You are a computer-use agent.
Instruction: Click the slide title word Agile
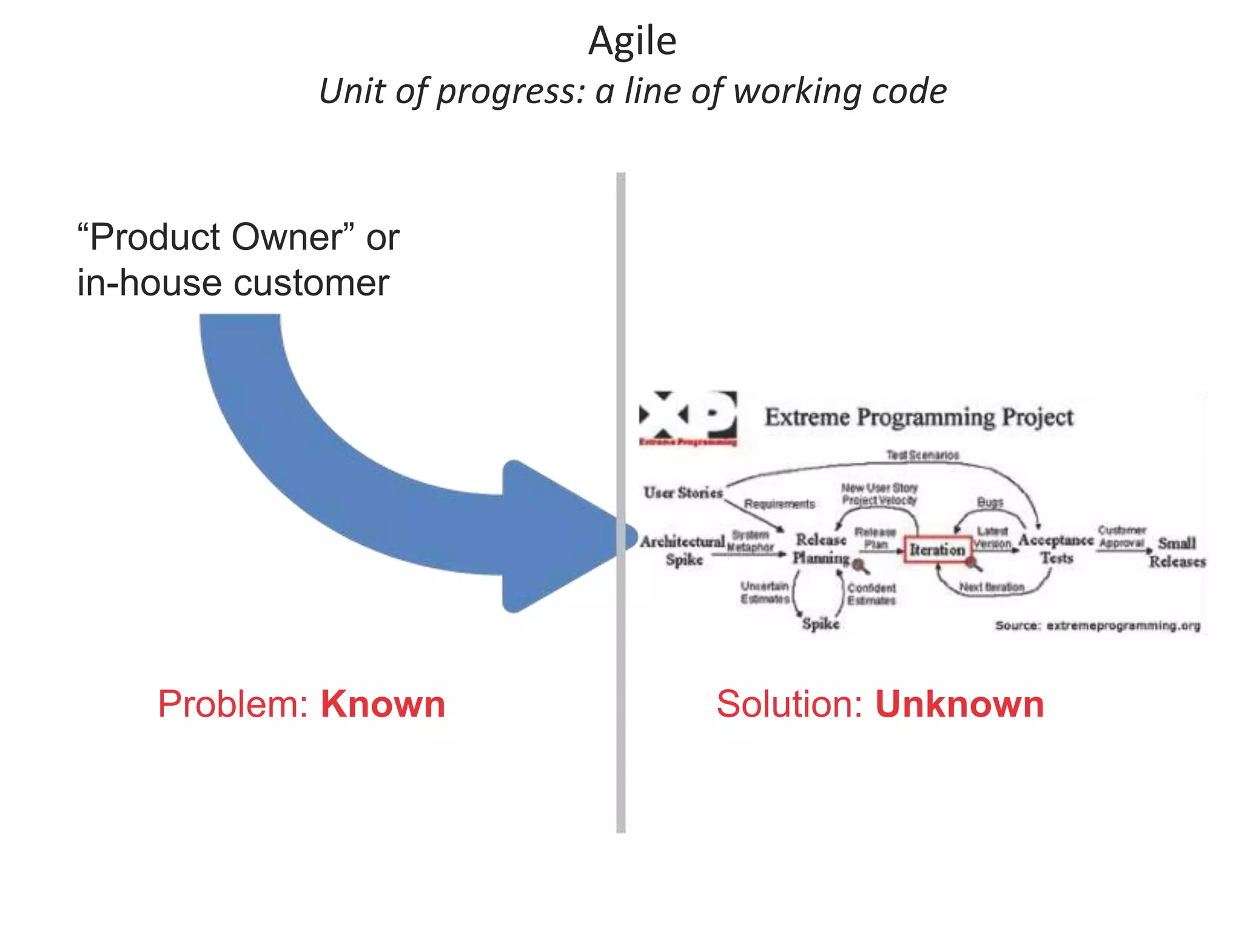(632, 42)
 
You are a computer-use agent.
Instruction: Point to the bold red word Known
(383, 704)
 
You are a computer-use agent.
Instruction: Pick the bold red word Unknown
(959, 704)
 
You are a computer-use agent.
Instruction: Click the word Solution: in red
(789, 704)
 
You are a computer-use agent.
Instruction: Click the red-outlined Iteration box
(937, 550)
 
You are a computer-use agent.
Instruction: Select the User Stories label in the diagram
(683, 493)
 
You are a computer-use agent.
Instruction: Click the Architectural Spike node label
(683, 550)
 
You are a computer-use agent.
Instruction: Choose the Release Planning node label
(821, 549)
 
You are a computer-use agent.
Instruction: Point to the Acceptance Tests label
(1056, 549)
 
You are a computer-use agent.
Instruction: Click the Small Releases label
(1177, 552)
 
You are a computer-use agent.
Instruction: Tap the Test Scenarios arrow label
(922, 455)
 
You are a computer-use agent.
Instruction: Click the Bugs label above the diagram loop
(990, 502)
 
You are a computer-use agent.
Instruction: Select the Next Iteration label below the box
(992, 587)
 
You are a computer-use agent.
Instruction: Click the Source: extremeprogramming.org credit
(1098, 626)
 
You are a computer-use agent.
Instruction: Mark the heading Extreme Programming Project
(919, 417)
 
